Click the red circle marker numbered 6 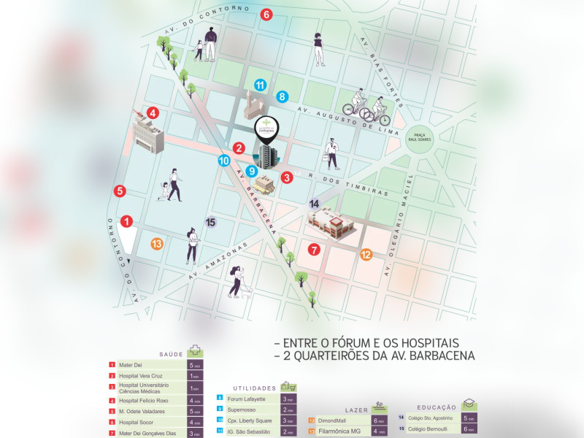[266, 14]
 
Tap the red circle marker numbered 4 [153, 113]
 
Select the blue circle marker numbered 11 [260, 85]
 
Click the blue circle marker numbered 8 [282, 96]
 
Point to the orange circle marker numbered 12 [366, 255]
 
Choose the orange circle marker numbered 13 [156, 244]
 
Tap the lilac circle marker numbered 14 [315, 204]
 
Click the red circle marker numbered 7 [314, 250]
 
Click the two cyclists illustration [370, 107]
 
